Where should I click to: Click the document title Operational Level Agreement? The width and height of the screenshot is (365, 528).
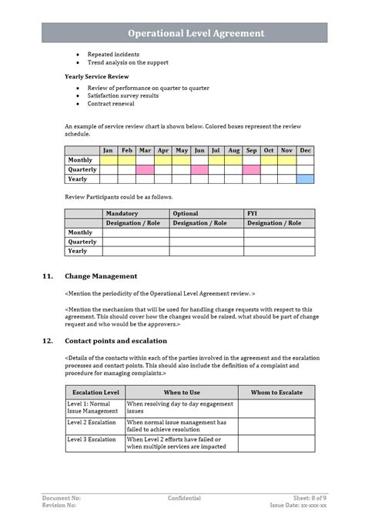(x=196, y=33)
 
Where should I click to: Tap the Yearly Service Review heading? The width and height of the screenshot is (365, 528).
(x=96, y=77)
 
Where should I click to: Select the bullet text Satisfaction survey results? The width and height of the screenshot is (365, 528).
(x=122, y=95)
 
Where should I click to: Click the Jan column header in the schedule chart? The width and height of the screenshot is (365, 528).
(x=108, y=150)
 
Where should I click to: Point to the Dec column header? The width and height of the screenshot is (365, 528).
(x=305, y=150)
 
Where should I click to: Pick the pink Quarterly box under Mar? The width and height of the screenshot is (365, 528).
(x=144, y=169)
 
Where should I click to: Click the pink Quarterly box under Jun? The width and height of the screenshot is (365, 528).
(x=199, y=169)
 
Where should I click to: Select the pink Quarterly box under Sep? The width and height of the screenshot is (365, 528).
(x=251, y=169)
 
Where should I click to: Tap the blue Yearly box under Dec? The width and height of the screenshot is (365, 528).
(x=305, y=179)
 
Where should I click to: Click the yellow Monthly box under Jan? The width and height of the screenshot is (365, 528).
(x=108, y=160)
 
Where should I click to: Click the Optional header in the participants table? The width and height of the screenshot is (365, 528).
(x=186, y=213)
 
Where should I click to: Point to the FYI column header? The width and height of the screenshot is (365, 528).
(x=253, y=213)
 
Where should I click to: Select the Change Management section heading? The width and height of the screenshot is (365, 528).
(x=101, y=276)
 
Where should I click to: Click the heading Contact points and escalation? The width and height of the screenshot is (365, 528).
(x=116, y=340)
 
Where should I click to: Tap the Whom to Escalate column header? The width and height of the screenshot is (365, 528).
(x=276, y=393)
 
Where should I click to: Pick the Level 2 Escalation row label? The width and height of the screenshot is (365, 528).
(x=92, y=423)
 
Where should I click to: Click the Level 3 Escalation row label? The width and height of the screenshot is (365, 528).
(x=92, y=439)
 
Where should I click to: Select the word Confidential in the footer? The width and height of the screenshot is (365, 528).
(x=184, y=498)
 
